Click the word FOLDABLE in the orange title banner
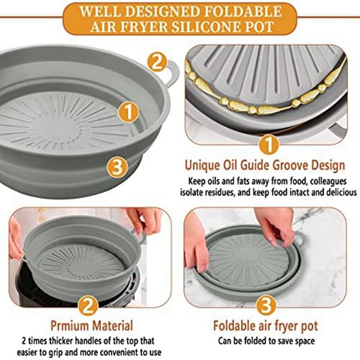pyautogui.click(x=243, y=11)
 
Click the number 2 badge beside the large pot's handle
pyautogui.click(x=157, y=62)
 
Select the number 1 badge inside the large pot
pyautogui.click(x=128, y=112)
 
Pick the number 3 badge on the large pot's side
pyautogui.click(x=118, y=167)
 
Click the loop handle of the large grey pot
pyautogui.click(x=172, y=73)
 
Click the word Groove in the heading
pyautogui.click(x=292, y=166)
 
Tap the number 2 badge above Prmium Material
pyautogui.click(x=88, y=305)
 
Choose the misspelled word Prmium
pyautogui.click(x=70, y=326)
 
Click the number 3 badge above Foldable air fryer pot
pyautogui.click(x=266, y=305)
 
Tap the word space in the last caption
pyautogui.click(x=304, y=341)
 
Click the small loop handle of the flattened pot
pyautogui.click(x=298, y=239)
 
